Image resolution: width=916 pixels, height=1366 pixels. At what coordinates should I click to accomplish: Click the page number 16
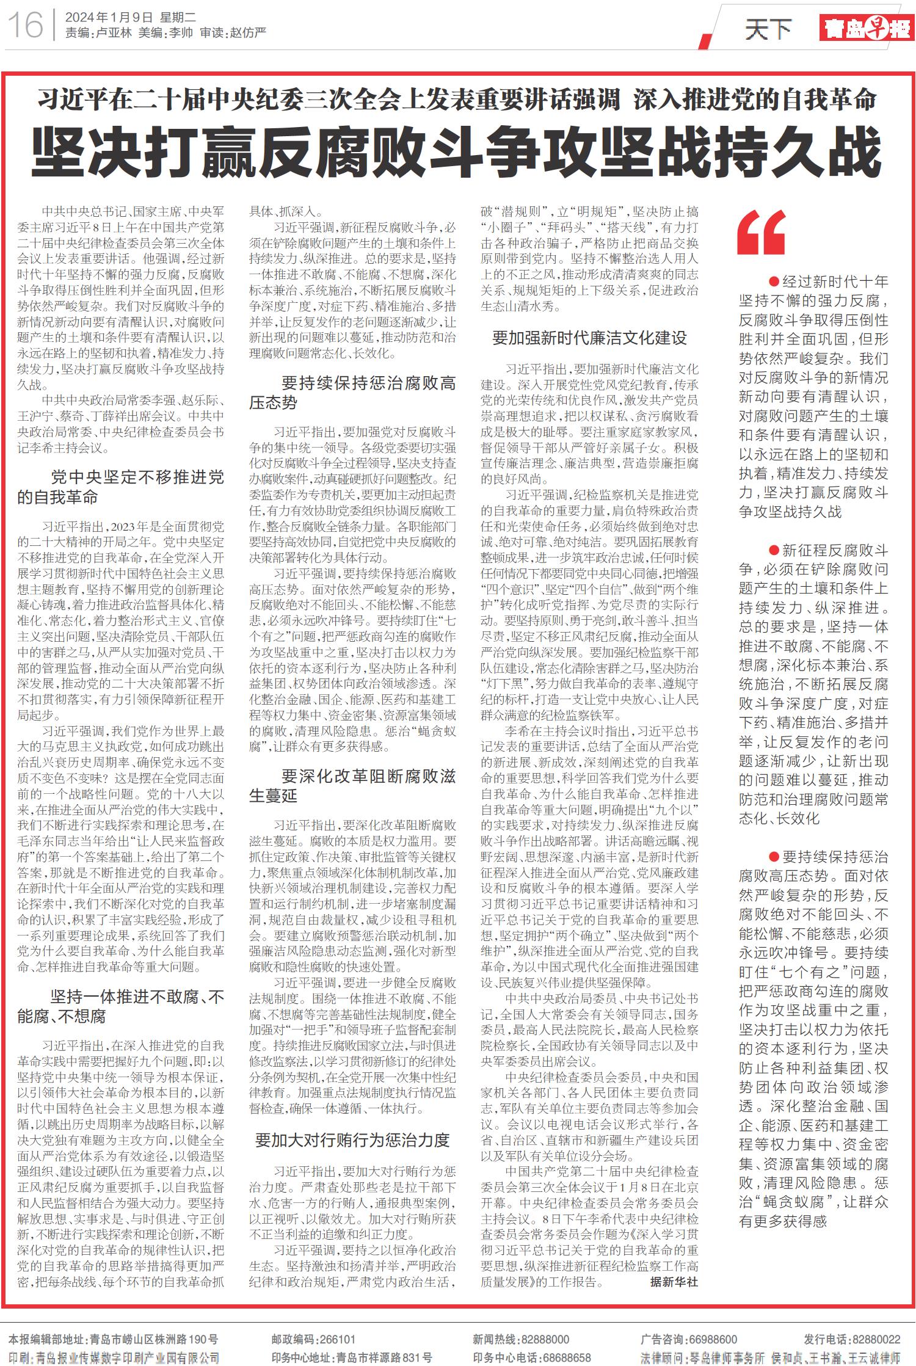(x=26, y=25)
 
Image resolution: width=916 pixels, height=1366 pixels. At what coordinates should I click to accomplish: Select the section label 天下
(x=768, y=29)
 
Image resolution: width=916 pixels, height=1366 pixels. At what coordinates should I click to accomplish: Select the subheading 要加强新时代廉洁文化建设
(x=589, y=338)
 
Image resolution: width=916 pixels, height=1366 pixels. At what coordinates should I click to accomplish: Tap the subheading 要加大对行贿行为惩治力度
(x=352, y=1140)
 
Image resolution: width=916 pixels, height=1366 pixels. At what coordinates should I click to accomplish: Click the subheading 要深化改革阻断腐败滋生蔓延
(x=352, y=786)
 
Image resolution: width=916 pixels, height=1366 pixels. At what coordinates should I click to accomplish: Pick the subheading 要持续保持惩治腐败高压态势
(x=352, y=393)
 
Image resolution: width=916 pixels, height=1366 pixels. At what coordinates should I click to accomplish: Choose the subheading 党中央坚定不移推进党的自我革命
(x=120, y=487)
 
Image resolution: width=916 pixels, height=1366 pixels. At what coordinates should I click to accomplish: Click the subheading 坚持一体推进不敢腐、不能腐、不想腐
(x=120, y=1007)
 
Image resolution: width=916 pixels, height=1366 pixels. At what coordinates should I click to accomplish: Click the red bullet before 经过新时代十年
(x=774, y=282)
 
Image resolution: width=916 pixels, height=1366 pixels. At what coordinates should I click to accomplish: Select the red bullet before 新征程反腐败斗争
(x=774, y=550)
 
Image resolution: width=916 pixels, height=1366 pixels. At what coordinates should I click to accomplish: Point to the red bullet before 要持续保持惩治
(x=774, y=857)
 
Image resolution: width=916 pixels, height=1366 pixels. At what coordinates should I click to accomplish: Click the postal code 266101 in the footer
(x=335, y=1339)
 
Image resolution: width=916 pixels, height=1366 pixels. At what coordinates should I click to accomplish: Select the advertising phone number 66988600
(x=712, y=1339)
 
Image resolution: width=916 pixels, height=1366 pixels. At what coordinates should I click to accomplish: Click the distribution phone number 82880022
(x=878, y=1339)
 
